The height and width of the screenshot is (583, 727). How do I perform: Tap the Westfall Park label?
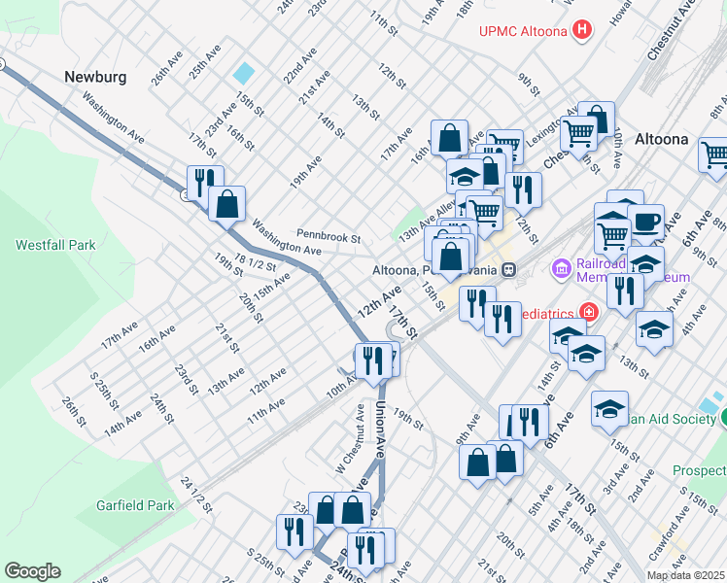coord(55,245)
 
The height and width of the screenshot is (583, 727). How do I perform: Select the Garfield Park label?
coord(135,505)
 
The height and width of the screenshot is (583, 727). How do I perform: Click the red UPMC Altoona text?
coord(523,30)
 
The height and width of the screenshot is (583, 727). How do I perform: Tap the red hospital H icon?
coord(581,29)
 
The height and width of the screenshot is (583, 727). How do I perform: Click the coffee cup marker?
coord(645,222)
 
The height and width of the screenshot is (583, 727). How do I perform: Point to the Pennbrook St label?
coord(329,236)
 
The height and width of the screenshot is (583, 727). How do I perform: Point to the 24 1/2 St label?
coord(195,495)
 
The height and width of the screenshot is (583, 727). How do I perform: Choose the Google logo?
coord(32,571)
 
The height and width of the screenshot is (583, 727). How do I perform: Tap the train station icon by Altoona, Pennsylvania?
coord(509,269)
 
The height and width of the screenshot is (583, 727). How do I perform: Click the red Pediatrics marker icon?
coord(588,312)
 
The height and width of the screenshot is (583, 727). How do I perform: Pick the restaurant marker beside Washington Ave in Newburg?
coord(205,182)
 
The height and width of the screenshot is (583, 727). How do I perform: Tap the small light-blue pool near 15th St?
coord(243,73)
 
